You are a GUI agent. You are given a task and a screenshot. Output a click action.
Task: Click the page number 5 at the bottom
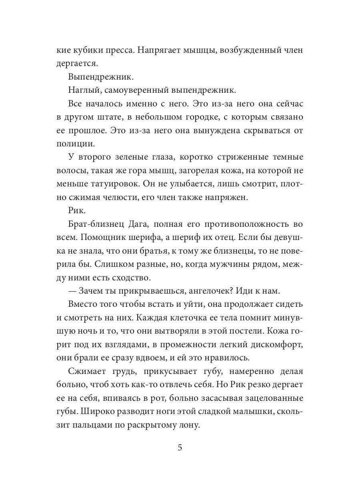(x=180, y=448)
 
